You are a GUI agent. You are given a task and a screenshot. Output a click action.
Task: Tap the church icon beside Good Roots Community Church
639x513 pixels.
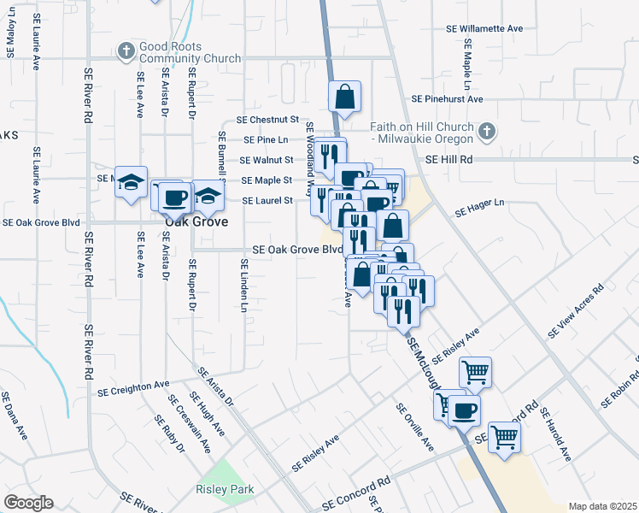click(x=126, y=51)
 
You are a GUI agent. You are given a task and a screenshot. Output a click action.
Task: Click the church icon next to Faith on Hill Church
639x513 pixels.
click(x=486, y=132)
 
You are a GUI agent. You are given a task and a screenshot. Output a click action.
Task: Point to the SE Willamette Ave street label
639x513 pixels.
click(x=484, y=28)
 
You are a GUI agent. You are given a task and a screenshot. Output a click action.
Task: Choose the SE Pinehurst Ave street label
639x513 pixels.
click(x=447, y=99)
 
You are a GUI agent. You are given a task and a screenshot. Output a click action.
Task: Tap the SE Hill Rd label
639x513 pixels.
click(x=449, y=160)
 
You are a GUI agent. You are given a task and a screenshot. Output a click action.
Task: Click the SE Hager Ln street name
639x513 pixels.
click(x=480, y=206)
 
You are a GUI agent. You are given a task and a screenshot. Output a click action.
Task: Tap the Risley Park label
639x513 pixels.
click(x=225, y=491)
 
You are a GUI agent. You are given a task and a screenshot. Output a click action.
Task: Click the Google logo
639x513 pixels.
click(x=28, y=502)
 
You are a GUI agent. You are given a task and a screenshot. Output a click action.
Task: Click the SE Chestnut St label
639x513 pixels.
click(x=267, y=120)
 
